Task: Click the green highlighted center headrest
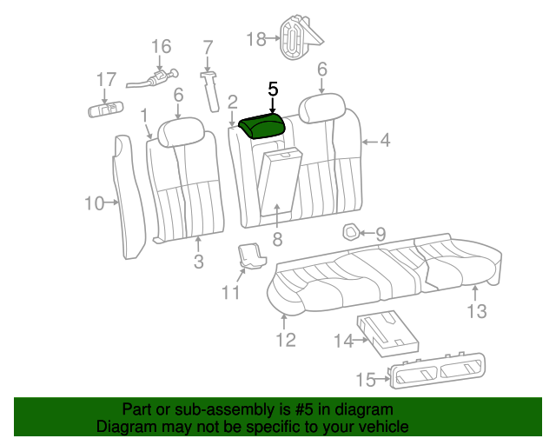point(262,126)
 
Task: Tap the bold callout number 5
point(273,89)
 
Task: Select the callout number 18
point(256,39)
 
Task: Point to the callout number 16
point(162,46)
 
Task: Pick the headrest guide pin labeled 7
point(210,91)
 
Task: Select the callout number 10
point(95,203)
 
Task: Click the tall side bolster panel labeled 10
point(129,196)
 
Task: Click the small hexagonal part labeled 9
point(351,232)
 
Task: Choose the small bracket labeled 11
point(251,256)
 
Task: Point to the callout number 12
point(286,340)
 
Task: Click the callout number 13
point(477,311)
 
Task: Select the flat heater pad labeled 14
point(388,333)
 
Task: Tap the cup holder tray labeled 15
point(437,370)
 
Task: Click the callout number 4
point(385,141)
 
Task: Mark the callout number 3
point(199,262)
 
